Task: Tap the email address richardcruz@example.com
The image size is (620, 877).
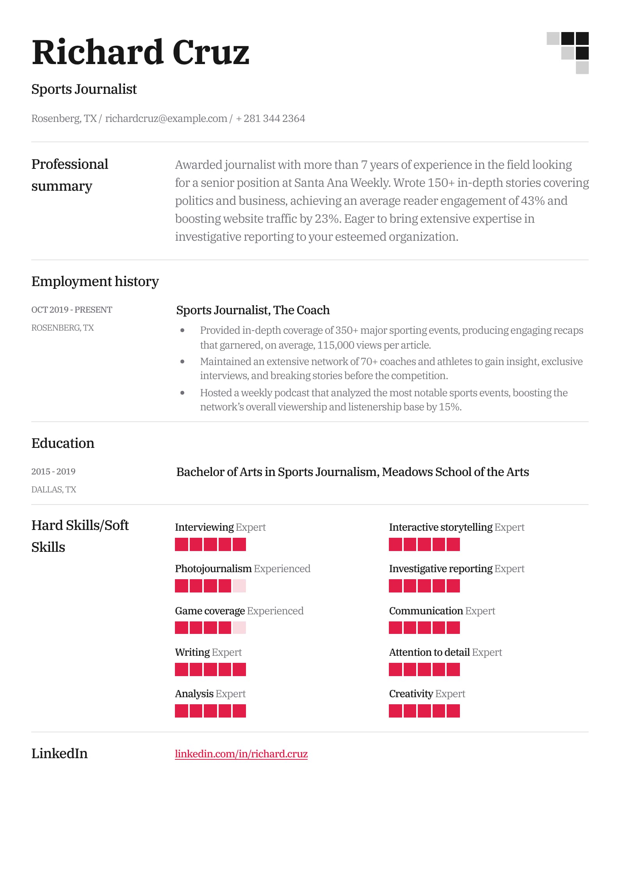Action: click(166, 118)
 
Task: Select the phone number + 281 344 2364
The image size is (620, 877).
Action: click(271, 118)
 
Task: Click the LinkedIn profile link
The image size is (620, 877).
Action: click(241, 754)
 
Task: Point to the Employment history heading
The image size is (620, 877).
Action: click(95, 281)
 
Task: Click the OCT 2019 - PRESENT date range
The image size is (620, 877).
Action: click(71, 310)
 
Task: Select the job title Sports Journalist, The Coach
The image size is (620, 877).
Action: click(253, 310)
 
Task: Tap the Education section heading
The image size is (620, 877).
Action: click(63, 443)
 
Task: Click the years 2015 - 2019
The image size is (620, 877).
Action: click(53, 471)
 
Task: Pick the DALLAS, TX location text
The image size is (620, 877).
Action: click(53, 489)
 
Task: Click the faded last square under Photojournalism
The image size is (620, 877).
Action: click(239, 586)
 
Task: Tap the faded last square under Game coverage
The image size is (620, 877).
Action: click(239, 628)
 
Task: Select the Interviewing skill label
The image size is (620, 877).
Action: click(204, 527)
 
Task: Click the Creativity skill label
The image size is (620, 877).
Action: click(411, 694)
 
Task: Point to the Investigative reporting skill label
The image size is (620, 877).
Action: click(440, 569)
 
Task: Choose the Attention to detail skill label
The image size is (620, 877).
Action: click(429, 652)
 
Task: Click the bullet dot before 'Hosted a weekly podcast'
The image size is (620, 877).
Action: click(182, 393)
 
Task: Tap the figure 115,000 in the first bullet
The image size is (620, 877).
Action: click(335, 345)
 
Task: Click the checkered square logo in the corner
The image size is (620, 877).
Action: click(568, 53)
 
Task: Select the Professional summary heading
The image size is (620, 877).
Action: click(69, 175)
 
